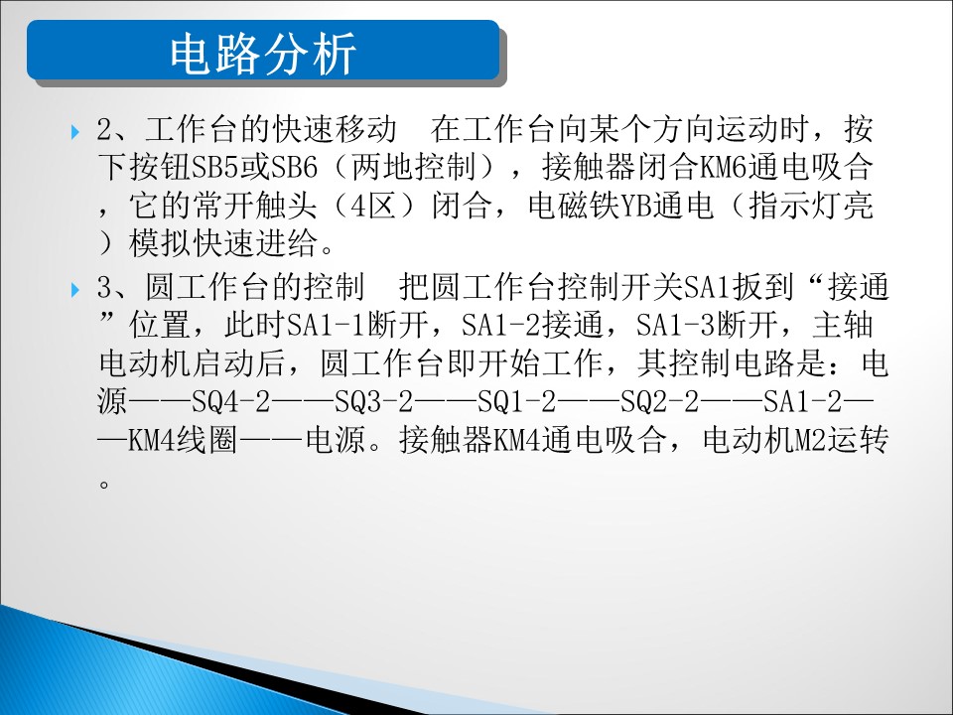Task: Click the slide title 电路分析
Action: (262, 54)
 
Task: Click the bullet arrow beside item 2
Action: (75, 131)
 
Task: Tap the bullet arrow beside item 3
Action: (75, 289)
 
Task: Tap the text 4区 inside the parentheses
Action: (374, 207)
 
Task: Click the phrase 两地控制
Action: (413, 167)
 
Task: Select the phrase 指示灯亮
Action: (811, 207)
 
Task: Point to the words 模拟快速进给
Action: (223, 244)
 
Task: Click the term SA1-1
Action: (327, 326)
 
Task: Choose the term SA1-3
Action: (676, 326)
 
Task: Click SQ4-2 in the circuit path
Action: (231, 402)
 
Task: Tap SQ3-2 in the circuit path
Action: (374, 402)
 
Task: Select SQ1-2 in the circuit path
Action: (517, 402)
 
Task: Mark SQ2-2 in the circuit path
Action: (660, 402)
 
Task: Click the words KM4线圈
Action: (183, 440)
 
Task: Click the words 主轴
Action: (843, 326)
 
